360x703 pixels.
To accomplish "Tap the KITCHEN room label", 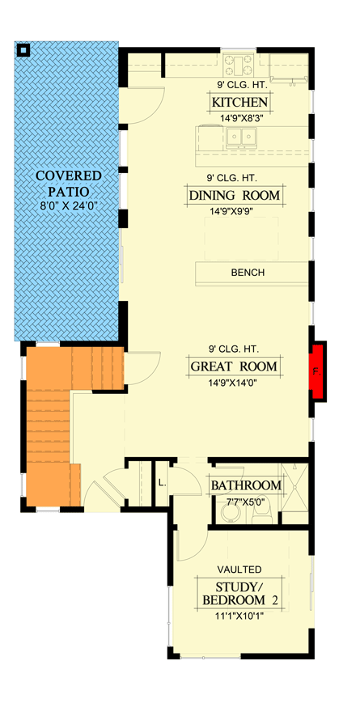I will point(239,103).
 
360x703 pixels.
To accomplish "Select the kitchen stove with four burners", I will point(240,63).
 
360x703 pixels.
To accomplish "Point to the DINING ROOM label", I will point(235,196).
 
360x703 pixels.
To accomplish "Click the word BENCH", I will point(248,273).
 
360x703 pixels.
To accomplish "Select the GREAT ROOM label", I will point(235,366).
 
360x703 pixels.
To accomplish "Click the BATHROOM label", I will point(246,485).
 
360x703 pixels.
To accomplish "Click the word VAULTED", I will point(239,570).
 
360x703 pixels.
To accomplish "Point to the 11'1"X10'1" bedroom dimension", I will point(239,615).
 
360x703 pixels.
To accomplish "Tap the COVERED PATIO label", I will point(68,183).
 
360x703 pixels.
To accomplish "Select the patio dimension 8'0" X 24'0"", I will point(68,206).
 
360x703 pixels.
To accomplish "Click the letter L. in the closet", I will point(162,483).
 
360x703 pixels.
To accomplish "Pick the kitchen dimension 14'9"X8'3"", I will point(239,118).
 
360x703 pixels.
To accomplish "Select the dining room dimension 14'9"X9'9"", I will point(235,213).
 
